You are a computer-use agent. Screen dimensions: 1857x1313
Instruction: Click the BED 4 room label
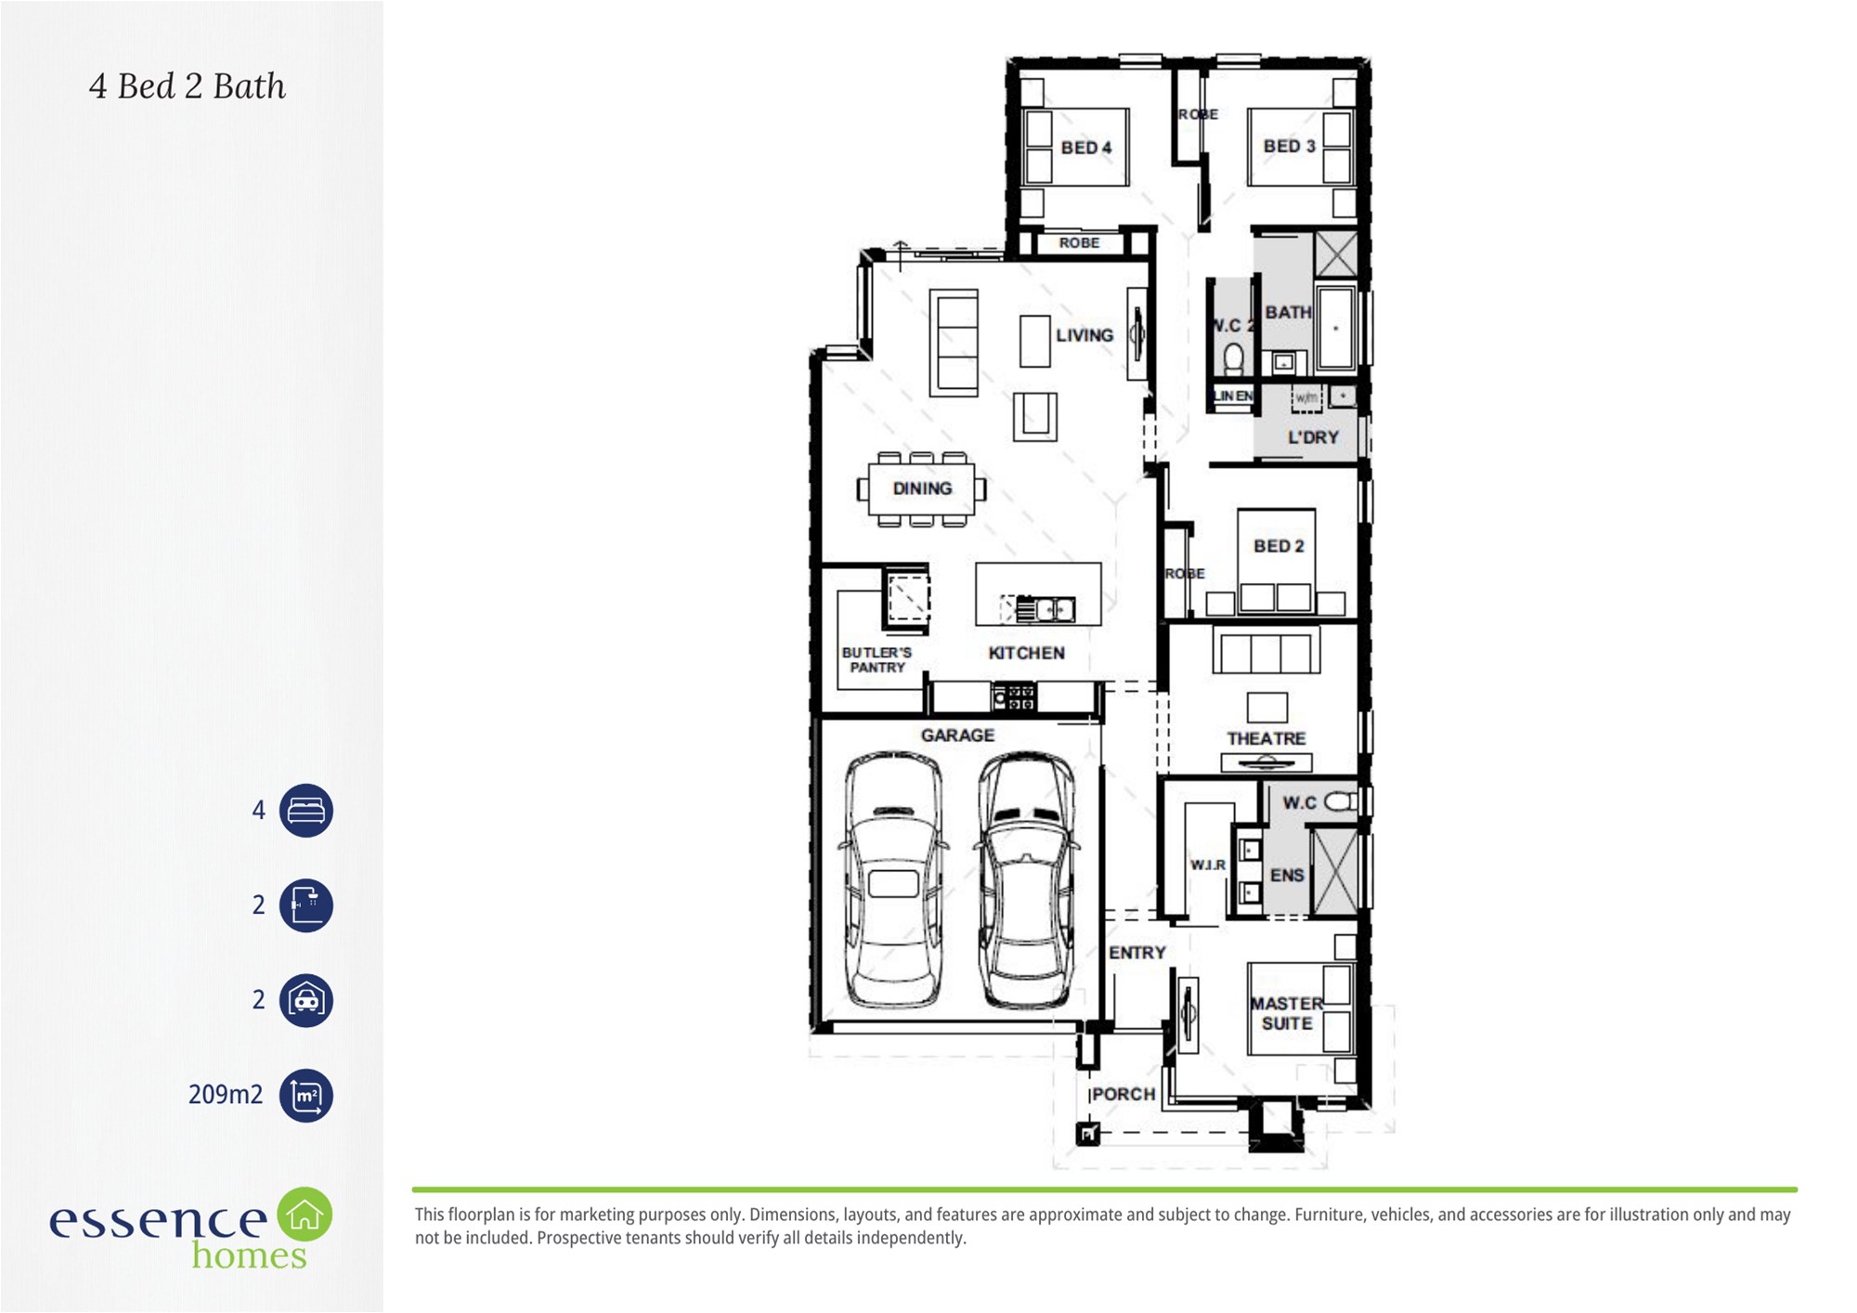[x=1085, y=148]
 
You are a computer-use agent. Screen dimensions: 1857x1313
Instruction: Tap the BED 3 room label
[x=1289, y=146]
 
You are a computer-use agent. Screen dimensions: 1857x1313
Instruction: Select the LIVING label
[x=1084, y=335]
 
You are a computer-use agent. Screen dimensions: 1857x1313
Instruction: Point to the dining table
[x=922, y=488]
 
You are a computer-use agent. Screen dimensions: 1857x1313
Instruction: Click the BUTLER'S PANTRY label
[x=877, y=659]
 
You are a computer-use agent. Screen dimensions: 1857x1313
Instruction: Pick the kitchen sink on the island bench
[x=1046, y=608]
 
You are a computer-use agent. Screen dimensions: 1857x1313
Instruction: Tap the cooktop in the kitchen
[x=1014, y=696]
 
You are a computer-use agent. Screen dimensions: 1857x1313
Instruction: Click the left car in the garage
[x=893, y=880]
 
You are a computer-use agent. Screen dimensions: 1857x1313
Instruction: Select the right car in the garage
[x=1027, y=880]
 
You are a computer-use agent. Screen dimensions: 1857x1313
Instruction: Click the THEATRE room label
[x=1266, y=738]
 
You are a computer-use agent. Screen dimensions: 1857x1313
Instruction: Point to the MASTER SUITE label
[x=1286, y=1013]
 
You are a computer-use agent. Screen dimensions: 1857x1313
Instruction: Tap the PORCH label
[x=1123, y=1094]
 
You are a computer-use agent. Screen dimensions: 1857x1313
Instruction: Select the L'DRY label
[x=1313, y=437]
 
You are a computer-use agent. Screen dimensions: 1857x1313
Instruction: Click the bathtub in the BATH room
[x=1336, y=329]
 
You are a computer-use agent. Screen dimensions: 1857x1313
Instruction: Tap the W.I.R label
[x=1208, y=864]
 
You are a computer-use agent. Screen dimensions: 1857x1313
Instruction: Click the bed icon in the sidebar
[x=305, y=811]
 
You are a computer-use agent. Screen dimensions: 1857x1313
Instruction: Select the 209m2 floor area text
[x=226, y=1095]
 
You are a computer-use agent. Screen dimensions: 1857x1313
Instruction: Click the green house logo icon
[x=305, y=1215]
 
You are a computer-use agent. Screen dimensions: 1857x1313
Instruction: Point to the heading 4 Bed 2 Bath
[x=187, y=86]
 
